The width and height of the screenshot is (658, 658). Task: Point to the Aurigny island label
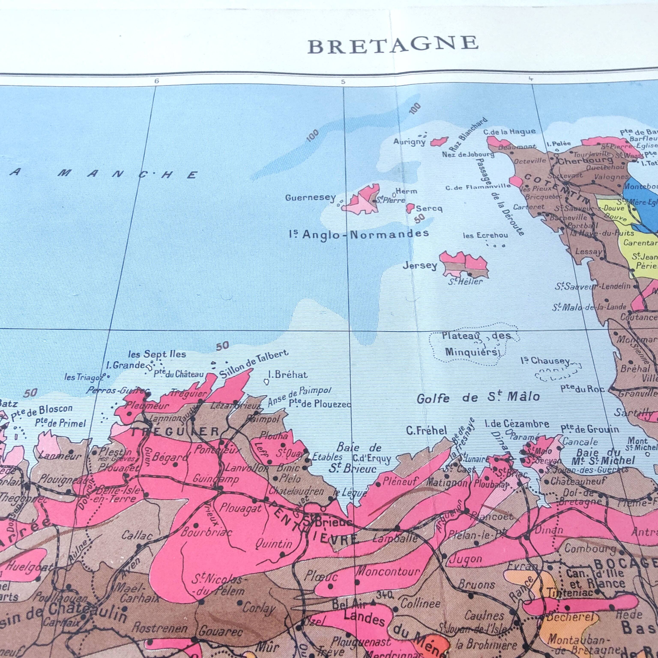pos(409,142)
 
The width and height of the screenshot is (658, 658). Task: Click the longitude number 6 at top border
pos(156,81)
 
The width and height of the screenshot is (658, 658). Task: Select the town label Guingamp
pos(211,479)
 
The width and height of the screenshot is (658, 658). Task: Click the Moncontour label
pos(388,571)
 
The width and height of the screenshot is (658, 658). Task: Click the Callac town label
pos(137,536)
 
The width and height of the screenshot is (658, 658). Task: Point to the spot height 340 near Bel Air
pos(385,594)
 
